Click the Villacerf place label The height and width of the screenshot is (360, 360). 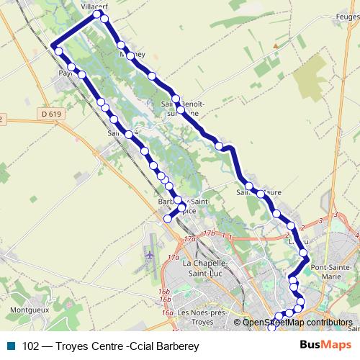click(x=94, y=6)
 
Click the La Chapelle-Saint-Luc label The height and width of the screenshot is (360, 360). click(x=207, y=268)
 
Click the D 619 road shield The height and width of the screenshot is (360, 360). click(x=51, y=114)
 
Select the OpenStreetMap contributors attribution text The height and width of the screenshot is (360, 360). click(x=297, y=323)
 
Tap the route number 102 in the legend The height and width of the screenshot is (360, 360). click(x=30, y=346)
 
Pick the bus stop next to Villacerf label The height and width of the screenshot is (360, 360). click(x=96, y=14)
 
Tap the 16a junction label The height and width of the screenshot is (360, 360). click(x=168, y=313)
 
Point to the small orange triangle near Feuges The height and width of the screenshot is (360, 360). click(x=274, y=46)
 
